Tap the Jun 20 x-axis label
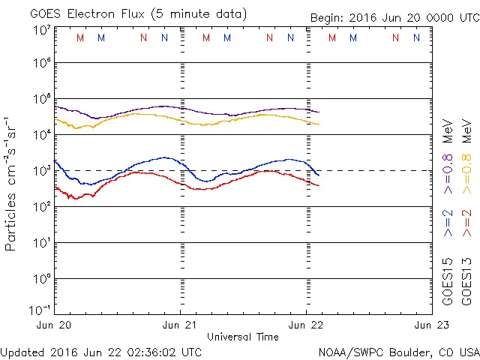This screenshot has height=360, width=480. [54, 325]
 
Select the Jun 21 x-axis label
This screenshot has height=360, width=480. [181, 325]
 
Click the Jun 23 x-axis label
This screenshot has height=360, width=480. [431, 325]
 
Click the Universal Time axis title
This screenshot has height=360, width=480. [243, 337]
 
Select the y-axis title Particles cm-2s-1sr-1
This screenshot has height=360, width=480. [10, 183]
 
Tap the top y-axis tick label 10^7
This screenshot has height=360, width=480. [41, 30]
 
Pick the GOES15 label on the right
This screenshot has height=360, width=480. [448, 281]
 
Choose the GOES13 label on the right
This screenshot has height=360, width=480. [466, 281]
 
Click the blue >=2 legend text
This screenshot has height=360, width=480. [448, 223]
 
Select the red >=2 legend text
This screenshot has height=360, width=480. [466, 223]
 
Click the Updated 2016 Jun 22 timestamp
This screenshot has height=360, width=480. [101, 352]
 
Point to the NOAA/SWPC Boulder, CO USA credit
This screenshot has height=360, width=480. [398, 352]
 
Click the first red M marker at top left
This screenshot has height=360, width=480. [80, 37]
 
